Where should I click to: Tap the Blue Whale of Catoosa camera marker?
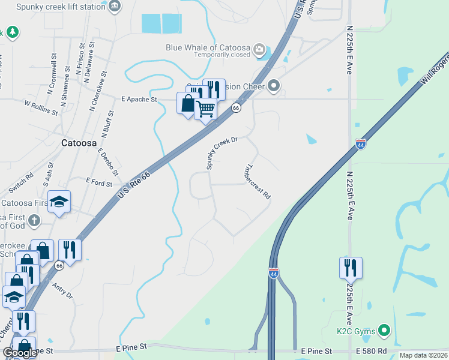(x=260, y=49)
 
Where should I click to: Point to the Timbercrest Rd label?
(x=259, y=182)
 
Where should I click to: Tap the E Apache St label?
(x=139, y=99)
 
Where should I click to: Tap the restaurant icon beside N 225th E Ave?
(x=351, y=268)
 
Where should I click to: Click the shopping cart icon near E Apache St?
(x=205, y=109)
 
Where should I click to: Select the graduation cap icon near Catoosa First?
(x=59, y=202)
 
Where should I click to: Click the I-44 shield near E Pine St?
(x=274, y=272)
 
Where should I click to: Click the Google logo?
(x=20, y=353)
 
